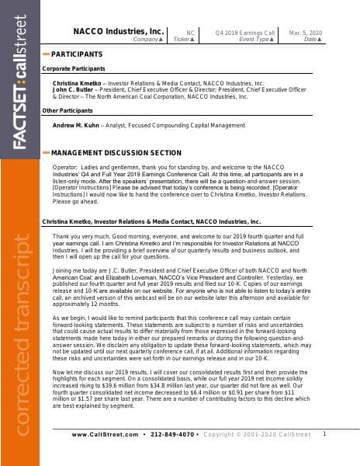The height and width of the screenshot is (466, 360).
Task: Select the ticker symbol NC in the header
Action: (x=190, y=32)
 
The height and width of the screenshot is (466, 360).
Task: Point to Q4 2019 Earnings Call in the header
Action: (x=247, y=32)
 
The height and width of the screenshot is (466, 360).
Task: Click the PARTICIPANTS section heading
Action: (x=76, y=54)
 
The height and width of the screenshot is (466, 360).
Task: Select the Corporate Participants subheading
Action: (x=74, y=68)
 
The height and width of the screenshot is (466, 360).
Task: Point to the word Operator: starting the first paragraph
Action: (x=65, y=168)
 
